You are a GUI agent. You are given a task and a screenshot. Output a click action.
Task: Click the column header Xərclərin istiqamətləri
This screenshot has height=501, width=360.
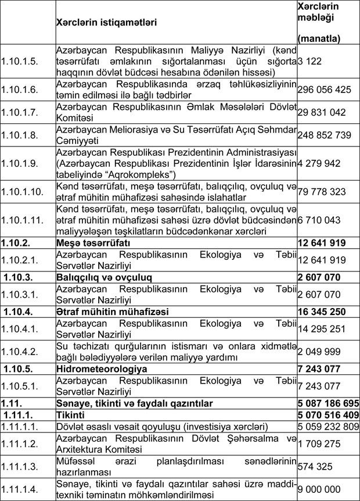pos(107,22)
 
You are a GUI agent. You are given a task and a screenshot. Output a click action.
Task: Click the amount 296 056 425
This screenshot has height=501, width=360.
pos(324,90)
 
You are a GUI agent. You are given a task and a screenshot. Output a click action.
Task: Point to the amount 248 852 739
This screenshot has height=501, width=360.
pos(324,135)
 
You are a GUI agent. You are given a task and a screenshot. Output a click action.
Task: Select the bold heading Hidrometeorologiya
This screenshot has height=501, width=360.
pos(102,368)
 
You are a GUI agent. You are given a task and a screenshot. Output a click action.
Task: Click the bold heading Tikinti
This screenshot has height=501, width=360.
pos(71,415)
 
